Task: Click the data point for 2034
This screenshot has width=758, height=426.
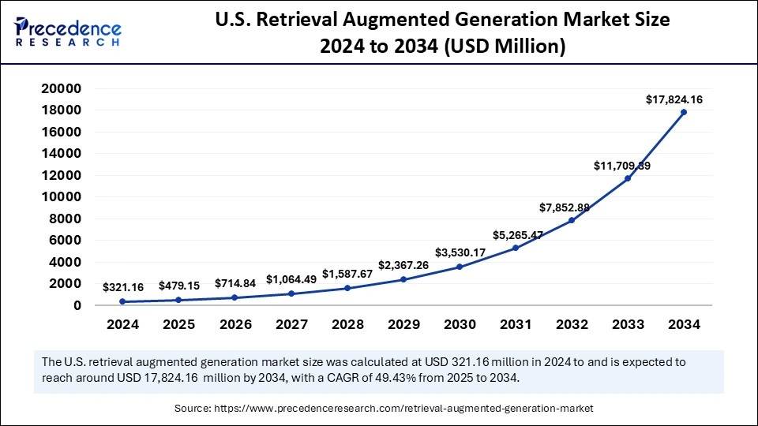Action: (684, 112)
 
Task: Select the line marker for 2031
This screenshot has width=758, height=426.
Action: (515, 248)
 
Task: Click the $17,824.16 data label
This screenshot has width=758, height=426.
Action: (674, 99)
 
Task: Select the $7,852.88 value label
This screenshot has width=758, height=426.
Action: (565, 207)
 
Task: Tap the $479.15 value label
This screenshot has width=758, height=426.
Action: (179, 286)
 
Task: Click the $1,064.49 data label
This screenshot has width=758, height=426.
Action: (291, 279)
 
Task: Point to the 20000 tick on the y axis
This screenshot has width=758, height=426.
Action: (61, 88)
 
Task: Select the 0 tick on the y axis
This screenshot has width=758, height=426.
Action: (78, 305)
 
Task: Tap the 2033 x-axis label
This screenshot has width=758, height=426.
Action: (628, 325)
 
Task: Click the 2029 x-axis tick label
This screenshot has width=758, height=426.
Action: (403, 325)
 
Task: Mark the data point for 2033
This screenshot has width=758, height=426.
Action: (628, 178)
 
